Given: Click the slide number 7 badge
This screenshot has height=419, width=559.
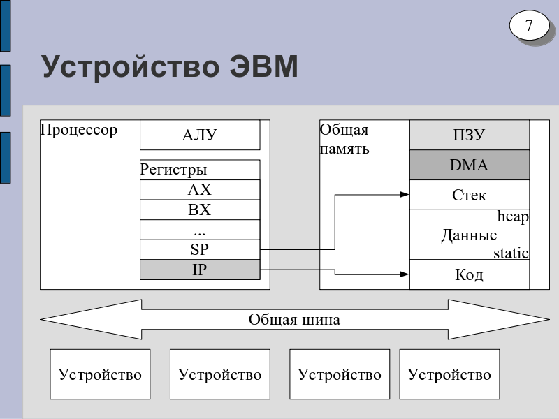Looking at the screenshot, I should coord(529,27).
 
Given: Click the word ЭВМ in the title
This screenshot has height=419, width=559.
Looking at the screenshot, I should coord(263,68).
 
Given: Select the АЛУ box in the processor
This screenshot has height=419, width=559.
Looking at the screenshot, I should coord(199,135).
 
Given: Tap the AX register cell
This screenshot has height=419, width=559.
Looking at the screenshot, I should coord(199,190).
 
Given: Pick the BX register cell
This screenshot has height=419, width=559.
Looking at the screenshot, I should coord(199,210).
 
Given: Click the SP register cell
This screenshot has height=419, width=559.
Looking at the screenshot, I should coord(199,249).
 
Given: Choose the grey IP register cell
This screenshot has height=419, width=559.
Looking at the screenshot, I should coord(199,270).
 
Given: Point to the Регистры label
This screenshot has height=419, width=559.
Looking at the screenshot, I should coord(174,170).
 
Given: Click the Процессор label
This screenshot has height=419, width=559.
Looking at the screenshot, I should coord(79,130).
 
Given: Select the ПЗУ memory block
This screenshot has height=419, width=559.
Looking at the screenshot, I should coord(469,135).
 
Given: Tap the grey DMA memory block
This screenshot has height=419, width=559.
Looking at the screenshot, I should coord(469,166).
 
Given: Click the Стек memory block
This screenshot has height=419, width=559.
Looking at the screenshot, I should coord(469,195).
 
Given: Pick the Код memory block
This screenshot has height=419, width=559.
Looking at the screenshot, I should coord(469,274).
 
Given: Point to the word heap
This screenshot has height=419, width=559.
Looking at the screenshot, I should coord(513,217).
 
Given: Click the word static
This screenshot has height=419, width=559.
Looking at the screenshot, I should coord(511,253).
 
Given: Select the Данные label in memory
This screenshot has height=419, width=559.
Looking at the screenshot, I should coord(469,235).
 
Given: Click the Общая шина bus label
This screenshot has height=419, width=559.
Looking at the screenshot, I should coord(294,320).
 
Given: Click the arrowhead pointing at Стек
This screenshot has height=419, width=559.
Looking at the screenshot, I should coord(405,195).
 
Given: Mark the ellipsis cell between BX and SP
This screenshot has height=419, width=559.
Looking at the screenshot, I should coord(199,230).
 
